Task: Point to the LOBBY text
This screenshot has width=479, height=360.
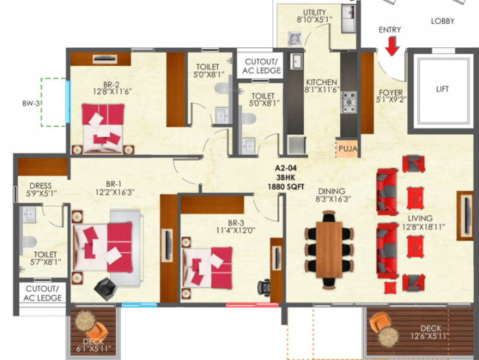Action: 442,21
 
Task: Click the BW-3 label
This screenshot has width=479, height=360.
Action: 31,104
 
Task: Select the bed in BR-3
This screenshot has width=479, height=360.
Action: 207,265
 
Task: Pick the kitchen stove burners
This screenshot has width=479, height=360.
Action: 349,101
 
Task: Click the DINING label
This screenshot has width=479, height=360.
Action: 331,191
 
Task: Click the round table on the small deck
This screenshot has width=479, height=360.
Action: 86,322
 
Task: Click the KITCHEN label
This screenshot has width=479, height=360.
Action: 322,81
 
